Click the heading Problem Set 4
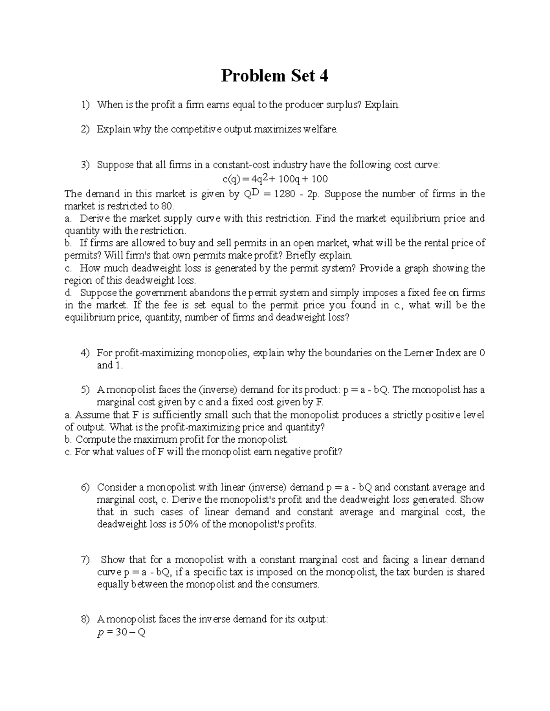tap(275, 76)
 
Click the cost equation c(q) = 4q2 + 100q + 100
tap(274, 179)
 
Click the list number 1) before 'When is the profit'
tap(85, 105)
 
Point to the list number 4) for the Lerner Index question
tap(85, 353)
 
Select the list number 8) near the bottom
tap(85, 619)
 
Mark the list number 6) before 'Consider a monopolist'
tap(85, 488)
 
